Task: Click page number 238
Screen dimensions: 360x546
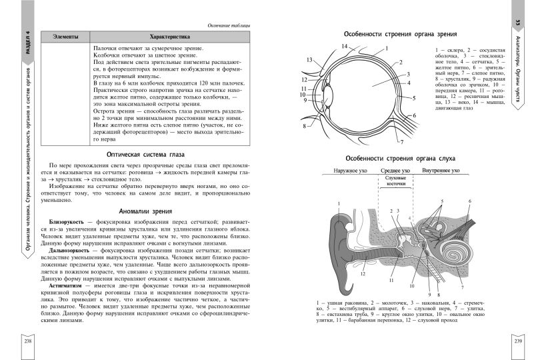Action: coord(27,341)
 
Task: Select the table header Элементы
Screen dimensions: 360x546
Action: coord(65,37)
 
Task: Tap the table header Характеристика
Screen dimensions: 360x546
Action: coord(171,37)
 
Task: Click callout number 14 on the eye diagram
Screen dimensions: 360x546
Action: coord(345,46)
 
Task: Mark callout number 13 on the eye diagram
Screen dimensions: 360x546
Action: coord(310,60)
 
